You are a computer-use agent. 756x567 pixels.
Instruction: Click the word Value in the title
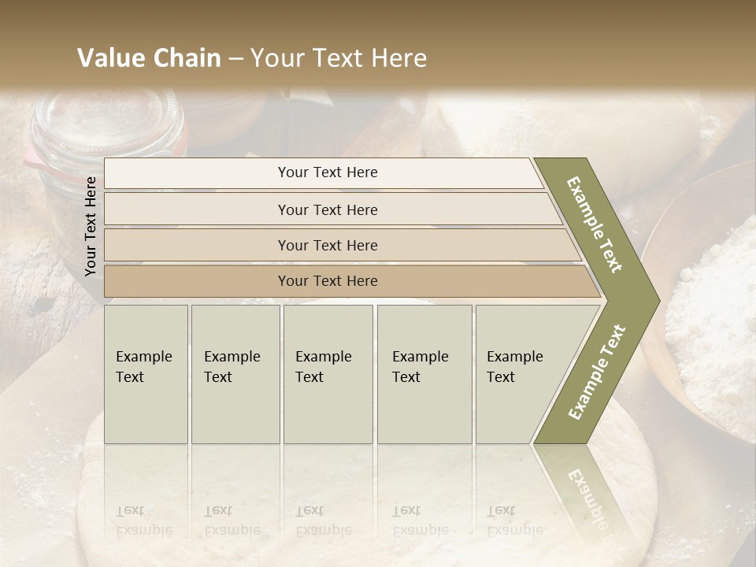click(110, 58)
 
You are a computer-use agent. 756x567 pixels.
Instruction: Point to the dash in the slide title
click(235, 59)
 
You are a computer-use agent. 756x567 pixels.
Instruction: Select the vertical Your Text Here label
click(91, 226)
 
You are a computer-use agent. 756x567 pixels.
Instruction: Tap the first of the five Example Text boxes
click(146, 374)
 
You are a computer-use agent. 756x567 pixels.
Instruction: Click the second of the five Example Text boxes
click(235, 374)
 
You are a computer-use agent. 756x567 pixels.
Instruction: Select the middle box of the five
click(328, 374)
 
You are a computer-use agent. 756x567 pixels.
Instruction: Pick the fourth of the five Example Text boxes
click(424, 374)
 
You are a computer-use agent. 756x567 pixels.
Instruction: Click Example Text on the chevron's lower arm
click(597, 372)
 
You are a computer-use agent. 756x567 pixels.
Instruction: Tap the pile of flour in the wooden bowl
click(713, 315)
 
